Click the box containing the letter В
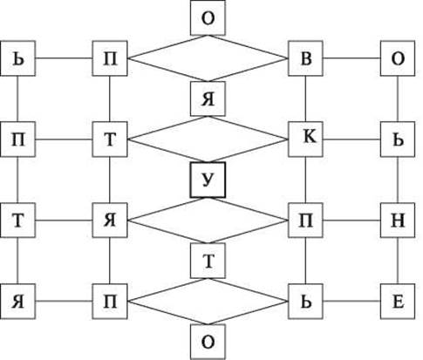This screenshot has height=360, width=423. point(305,58)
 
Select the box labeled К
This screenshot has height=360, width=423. point(305,139)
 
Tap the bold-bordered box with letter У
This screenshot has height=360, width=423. point(208,180)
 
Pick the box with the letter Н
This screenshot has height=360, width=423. point(398,221)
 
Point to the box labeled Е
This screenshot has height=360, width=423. point(398,302)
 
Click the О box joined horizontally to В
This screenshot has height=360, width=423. point(398,58)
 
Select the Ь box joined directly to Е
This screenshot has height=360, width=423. point(305,302)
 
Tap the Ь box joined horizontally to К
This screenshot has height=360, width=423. point(398,139)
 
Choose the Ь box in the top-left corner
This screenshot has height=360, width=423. point(18,58)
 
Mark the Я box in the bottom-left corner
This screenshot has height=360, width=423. point(18,302)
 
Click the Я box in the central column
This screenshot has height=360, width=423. point(208,98)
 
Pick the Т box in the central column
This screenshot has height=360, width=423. point(208,261)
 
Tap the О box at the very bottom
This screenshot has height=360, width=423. point(208,342)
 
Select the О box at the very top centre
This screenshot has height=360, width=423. point(208,17)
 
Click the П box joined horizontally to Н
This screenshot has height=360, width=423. point(305,221)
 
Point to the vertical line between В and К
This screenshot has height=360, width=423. point(305,99)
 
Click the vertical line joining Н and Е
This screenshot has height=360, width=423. point(398,261)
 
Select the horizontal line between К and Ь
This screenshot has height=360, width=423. point(351,139)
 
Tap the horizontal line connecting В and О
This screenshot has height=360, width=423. point(351,58)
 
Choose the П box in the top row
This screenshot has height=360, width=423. point(110,58)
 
